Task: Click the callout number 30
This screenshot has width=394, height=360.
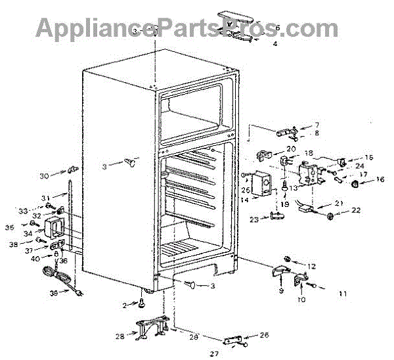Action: [x=43, y=175]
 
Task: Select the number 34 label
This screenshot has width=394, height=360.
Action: [x=28, y=233]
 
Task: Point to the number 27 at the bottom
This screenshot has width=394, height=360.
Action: [x=212, y=354]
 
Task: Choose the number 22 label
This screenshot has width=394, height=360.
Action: [x=357, y=211]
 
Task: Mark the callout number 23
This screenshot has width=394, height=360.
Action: [x=253, y=219]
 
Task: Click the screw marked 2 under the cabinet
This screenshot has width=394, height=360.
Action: [x=141, y=303]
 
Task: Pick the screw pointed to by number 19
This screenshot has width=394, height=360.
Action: [x=283, y=191]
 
